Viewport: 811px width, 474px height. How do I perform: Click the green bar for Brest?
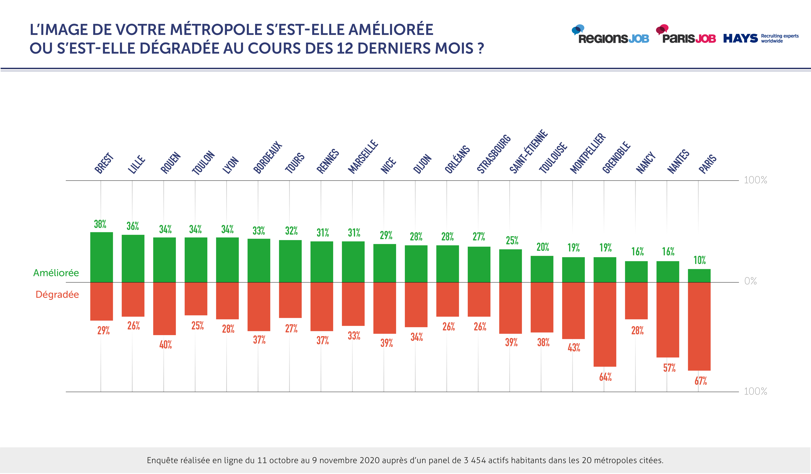[101, 257]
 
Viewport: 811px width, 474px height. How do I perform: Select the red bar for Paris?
[699, 326]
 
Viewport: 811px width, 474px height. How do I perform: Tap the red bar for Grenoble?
[605, 324]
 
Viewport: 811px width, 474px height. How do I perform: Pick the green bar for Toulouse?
[542, 269]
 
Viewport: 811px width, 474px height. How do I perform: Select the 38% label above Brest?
[100, 224]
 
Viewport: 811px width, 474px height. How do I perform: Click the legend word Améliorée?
[56, 273]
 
